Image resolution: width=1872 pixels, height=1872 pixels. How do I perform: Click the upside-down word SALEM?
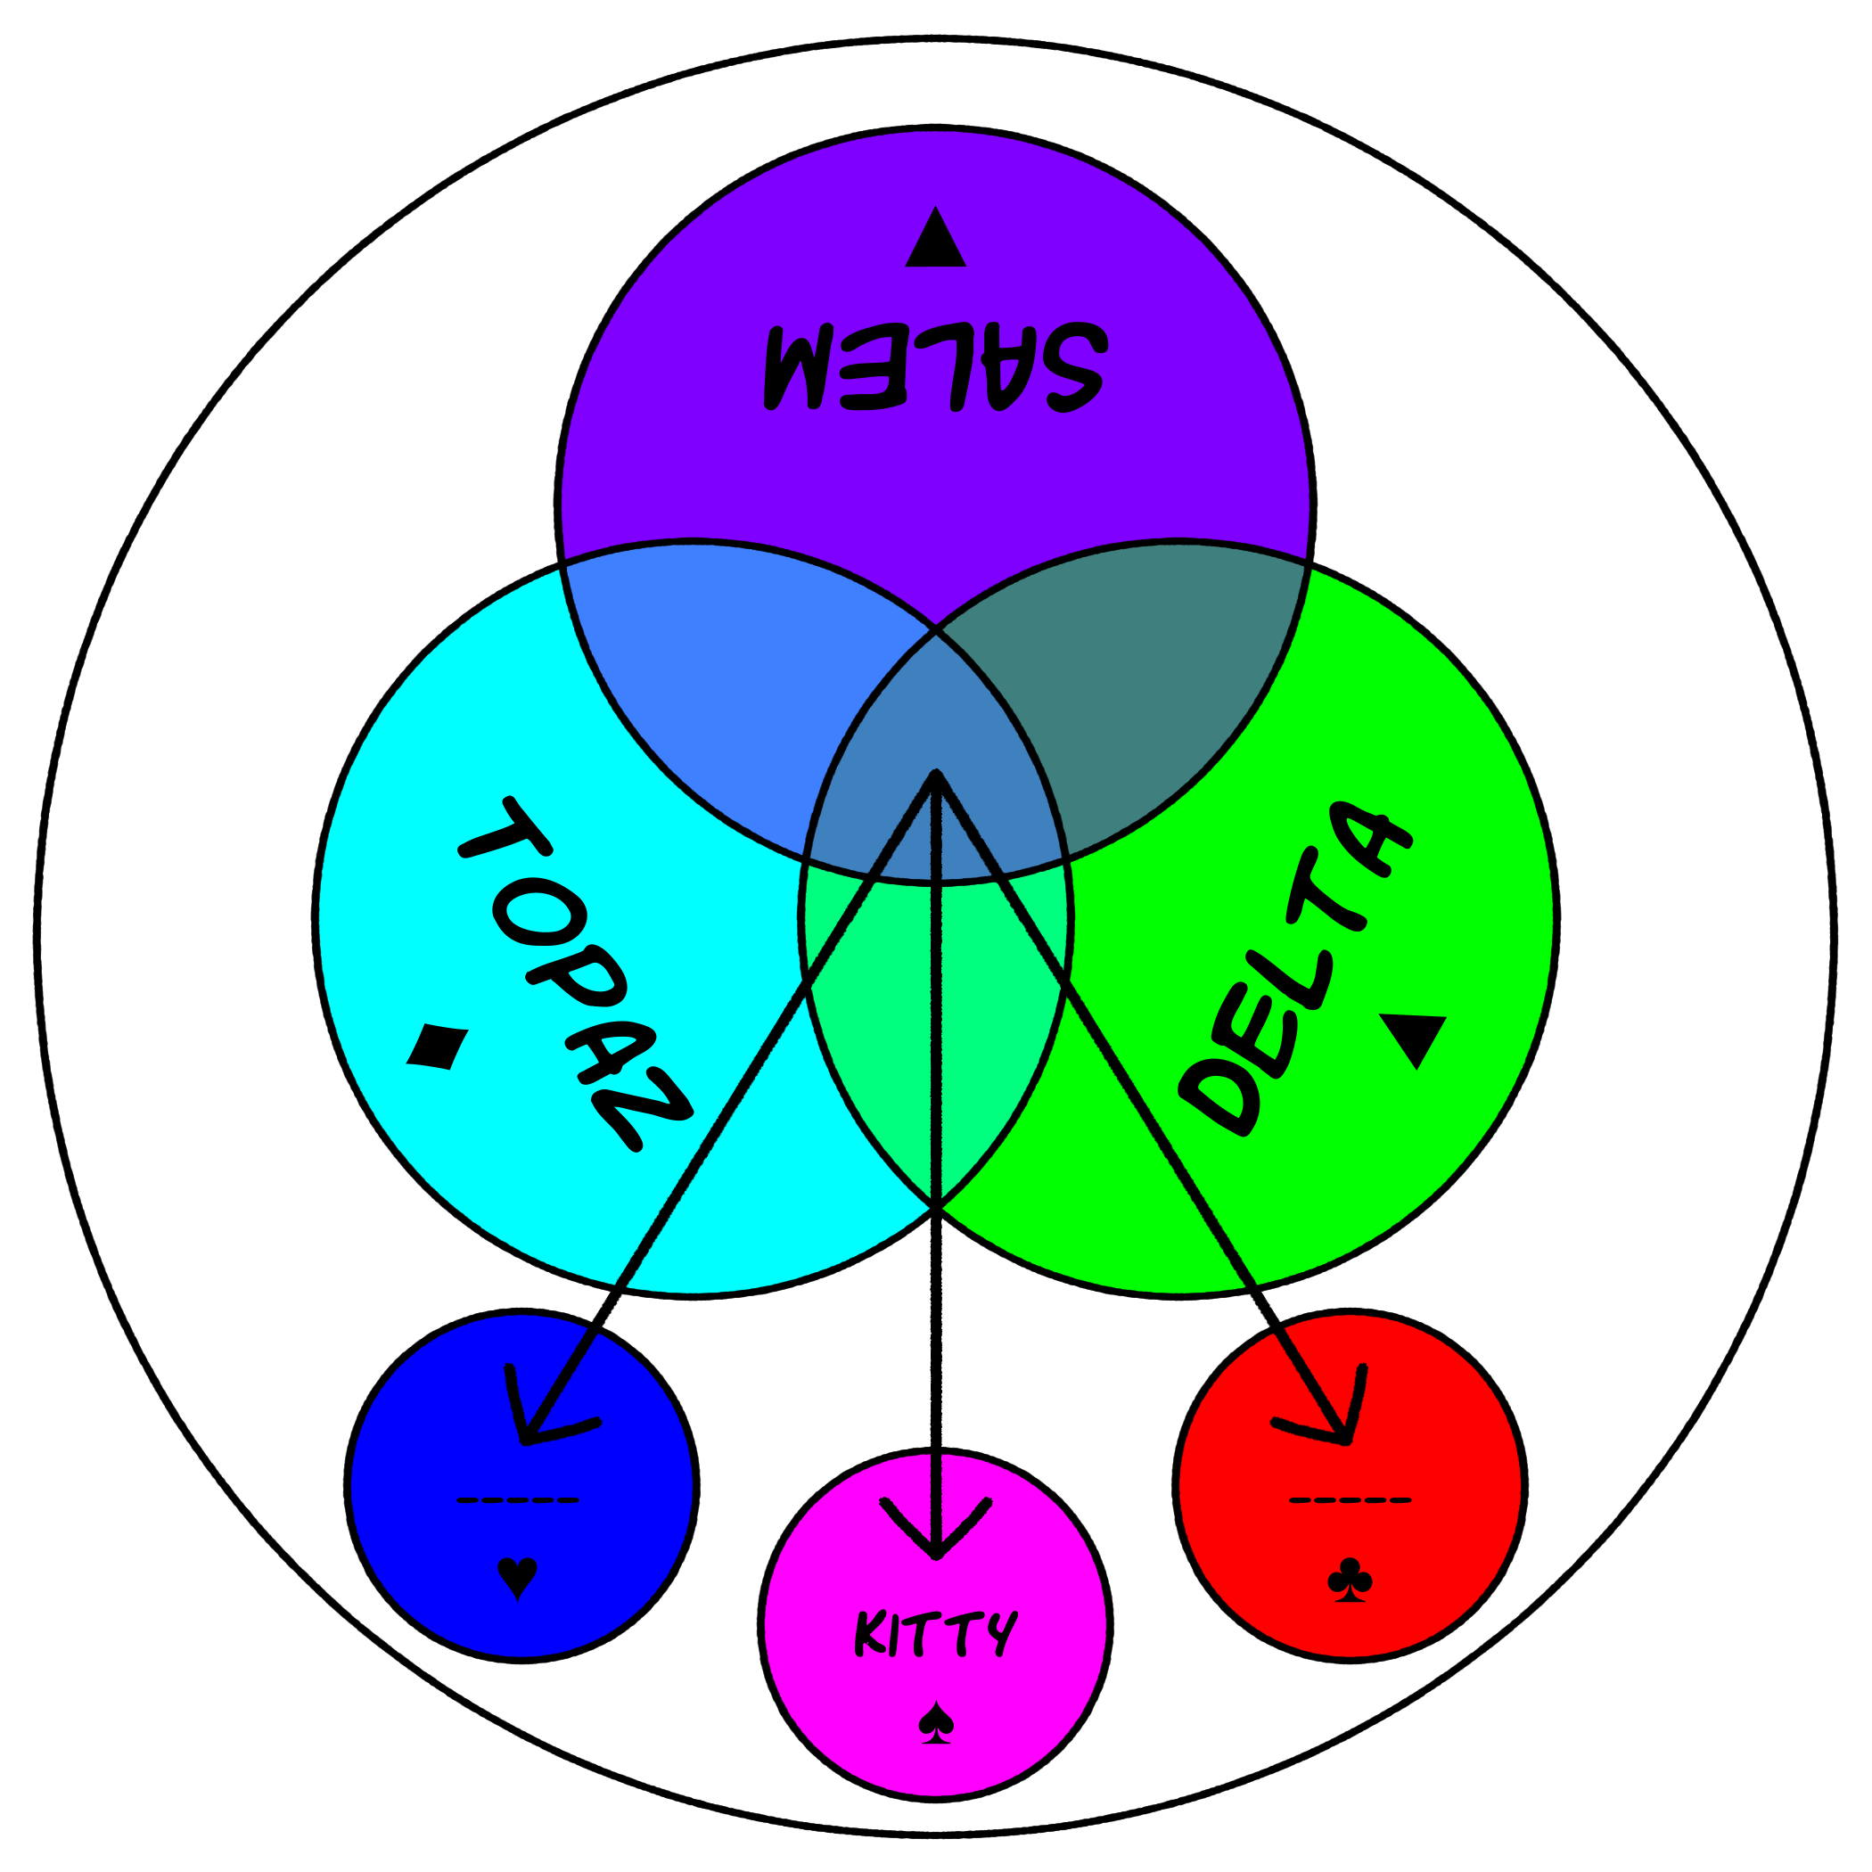click(x=934, y=366)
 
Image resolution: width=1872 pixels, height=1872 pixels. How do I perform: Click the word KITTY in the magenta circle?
click(x=935, y=1635)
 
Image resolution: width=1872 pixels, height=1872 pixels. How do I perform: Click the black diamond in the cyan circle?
click(x=437, y=1047)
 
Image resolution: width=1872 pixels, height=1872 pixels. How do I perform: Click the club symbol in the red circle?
click(x=1350, y=1579)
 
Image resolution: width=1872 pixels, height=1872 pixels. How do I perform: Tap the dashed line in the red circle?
click(x=1350, y=1501)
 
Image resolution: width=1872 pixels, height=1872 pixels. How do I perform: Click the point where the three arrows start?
click(x=936, y=776)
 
